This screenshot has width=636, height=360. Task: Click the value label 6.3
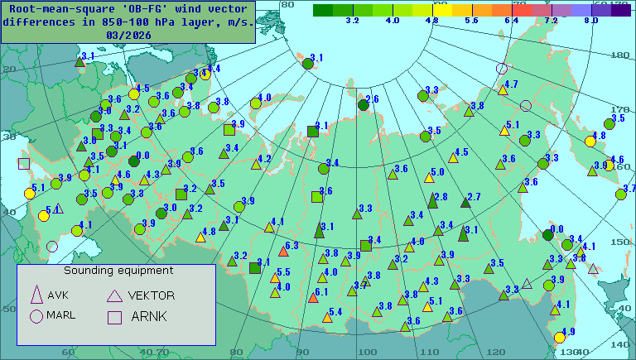point(291,246)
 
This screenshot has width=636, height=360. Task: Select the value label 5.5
point(283,272)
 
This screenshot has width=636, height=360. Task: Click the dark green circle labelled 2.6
point(363,105)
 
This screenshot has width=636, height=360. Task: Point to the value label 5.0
point(437,172)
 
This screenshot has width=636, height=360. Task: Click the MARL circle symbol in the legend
point(36,315)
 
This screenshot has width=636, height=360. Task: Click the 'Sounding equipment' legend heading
point(118,270)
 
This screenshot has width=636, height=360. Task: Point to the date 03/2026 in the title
point(129,35)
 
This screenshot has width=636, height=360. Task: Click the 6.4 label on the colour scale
point(511,19)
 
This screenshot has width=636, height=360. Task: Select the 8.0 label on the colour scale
point(590,19)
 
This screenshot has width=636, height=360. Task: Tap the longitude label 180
point(619,55)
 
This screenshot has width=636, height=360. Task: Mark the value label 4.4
point(213,69)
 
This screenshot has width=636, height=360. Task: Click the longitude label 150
point(619,242)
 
